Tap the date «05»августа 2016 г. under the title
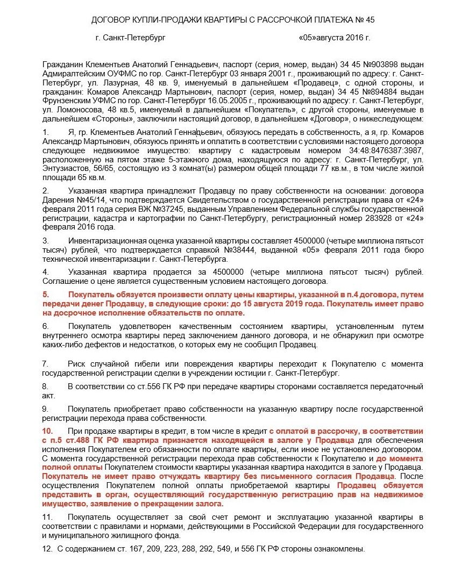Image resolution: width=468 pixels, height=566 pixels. (334, 38)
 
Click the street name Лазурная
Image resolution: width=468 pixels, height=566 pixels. (128, 83)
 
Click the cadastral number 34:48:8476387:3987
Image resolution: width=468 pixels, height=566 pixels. (385, 151)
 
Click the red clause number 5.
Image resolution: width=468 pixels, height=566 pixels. (46, 295)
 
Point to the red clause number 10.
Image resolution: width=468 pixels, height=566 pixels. (47, 431)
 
